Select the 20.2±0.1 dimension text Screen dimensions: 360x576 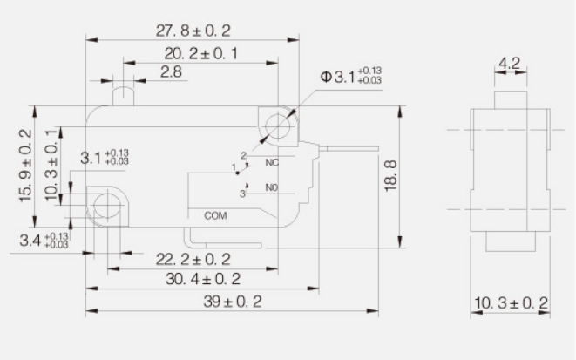201,54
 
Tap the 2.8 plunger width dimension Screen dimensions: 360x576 171,72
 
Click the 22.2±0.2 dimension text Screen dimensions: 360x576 193,259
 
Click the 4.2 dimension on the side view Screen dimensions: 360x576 510,63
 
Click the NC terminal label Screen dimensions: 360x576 270,163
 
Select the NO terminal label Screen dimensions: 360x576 270,187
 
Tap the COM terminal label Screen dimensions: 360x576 214,214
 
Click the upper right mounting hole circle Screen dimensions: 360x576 278,127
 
